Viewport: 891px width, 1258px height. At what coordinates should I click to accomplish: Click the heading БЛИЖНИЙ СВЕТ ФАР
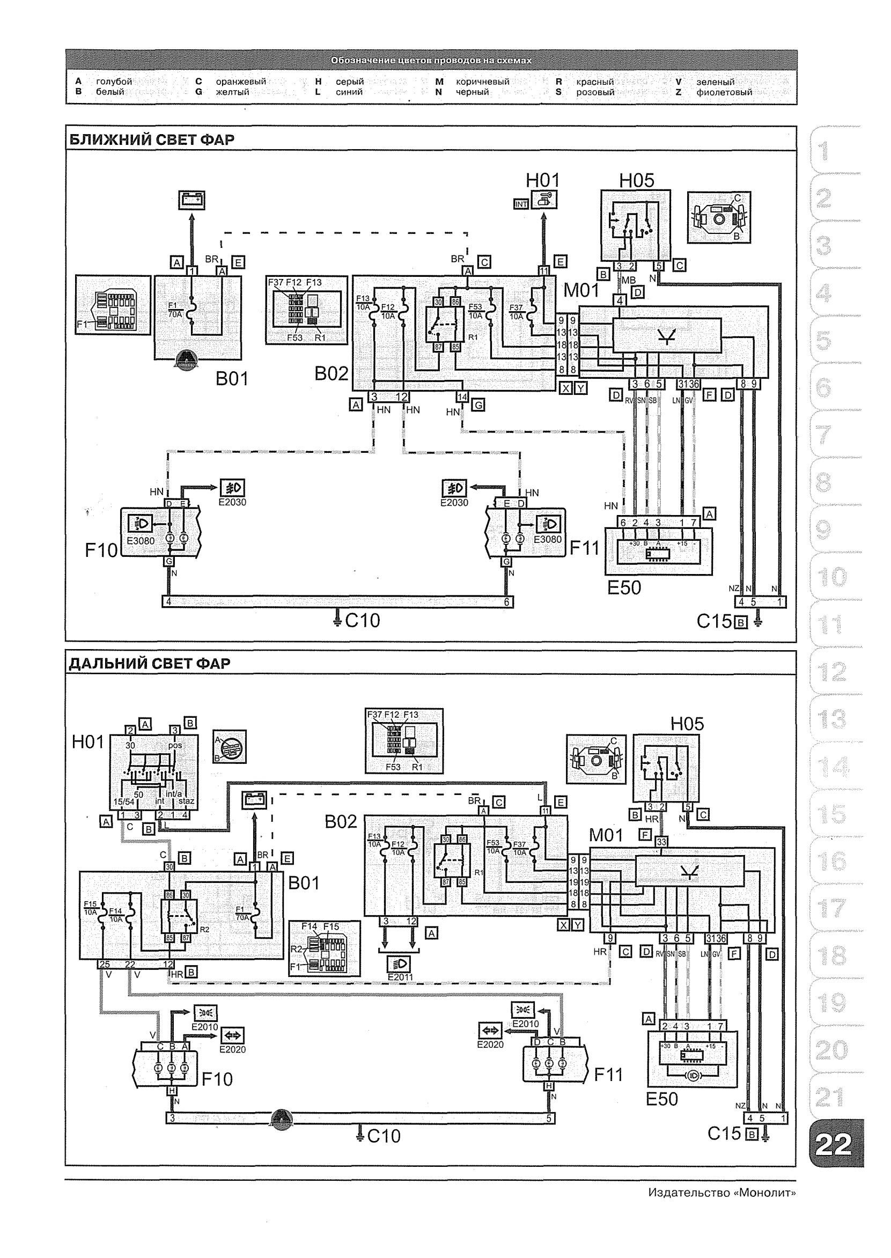(x=151, y=140)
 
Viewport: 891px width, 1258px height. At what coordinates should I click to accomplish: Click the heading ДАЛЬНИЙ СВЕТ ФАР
(x=149, y=663)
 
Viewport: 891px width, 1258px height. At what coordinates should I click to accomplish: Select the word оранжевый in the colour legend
(x=241, y=82)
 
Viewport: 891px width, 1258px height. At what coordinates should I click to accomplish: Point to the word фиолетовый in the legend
(x=724, y=92)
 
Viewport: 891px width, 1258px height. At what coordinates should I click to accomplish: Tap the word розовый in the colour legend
(x=595, y=92)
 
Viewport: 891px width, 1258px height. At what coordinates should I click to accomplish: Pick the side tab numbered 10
(x=832, y=577)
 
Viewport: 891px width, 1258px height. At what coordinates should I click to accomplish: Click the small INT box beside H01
(x=521, y=204)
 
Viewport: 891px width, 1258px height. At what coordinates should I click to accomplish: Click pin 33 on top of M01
(x=661, y=842)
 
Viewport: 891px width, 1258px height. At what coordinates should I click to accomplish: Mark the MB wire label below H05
(x=629, y=281)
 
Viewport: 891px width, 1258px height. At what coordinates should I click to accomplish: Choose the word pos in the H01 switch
(x=175, y=746)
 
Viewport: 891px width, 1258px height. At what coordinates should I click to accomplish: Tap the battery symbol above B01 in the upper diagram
(x=192, y=200)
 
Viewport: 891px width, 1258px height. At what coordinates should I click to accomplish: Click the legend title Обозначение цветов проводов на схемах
(x=431, y=60)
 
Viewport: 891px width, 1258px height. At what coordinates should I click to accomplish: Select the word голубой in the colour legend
(x=114, y=82)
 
